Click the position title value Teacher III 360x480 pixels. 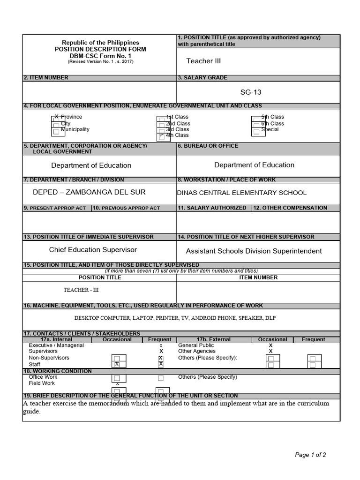pos(203,61)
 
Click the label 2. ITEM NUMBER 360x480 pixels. pos(46,78)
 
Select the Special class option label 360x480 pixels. pos(270,129)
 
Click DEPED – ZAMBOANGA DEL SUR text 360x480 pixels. pos(89,192)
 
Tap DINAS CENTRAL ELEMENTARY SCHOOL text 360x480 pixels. pos(242,193)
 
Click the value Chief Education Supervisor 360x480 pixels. pos(93,250)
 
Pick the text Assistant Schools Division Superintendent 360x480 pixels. pos(254,251)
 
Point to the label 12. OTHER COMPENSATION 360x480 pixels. pos(290,208)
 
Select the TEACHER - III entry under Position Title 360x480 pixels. pos(82,290)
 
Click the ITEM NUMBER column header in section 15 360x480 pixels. pos(258,277)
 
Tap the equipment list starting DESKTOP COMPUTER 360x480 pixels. pos(175,318)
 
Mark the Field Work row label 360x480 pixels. pos(42,383)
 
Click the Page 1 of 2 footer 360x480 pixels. pos(310,455)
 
